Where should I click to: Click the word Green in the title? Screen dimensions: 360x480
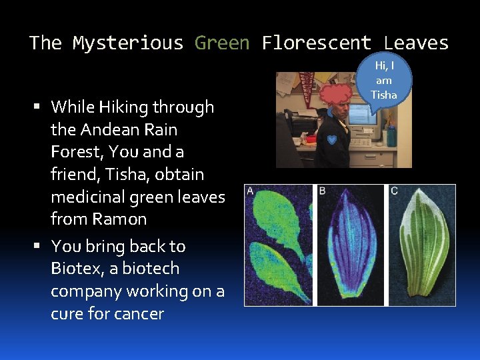pos(221,43)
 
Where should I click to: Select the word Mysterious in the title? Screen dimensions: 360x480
pos(127,43)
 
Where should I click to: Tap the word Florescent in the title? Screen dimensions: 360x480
pos(316,43)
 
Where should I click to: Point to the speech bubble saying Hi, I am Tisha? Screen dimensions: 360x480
pos(384,80)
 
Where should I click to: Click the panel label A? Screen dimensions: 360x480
pos(250,191)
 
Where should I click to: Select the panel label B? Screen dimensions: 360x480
pos(322,191)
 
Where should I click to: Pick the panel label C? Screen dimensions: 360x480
pos(394,191)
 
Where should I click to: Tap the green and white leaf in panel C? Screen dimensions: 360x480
pos(421,250)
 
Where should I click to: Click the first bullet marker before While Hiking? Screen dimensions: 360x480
pos(41,107)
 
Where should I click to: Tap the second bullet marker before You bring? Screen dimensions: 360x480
pos(41,247)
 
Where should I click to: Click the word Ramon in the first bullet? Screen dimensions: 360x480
pos(121,219)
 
